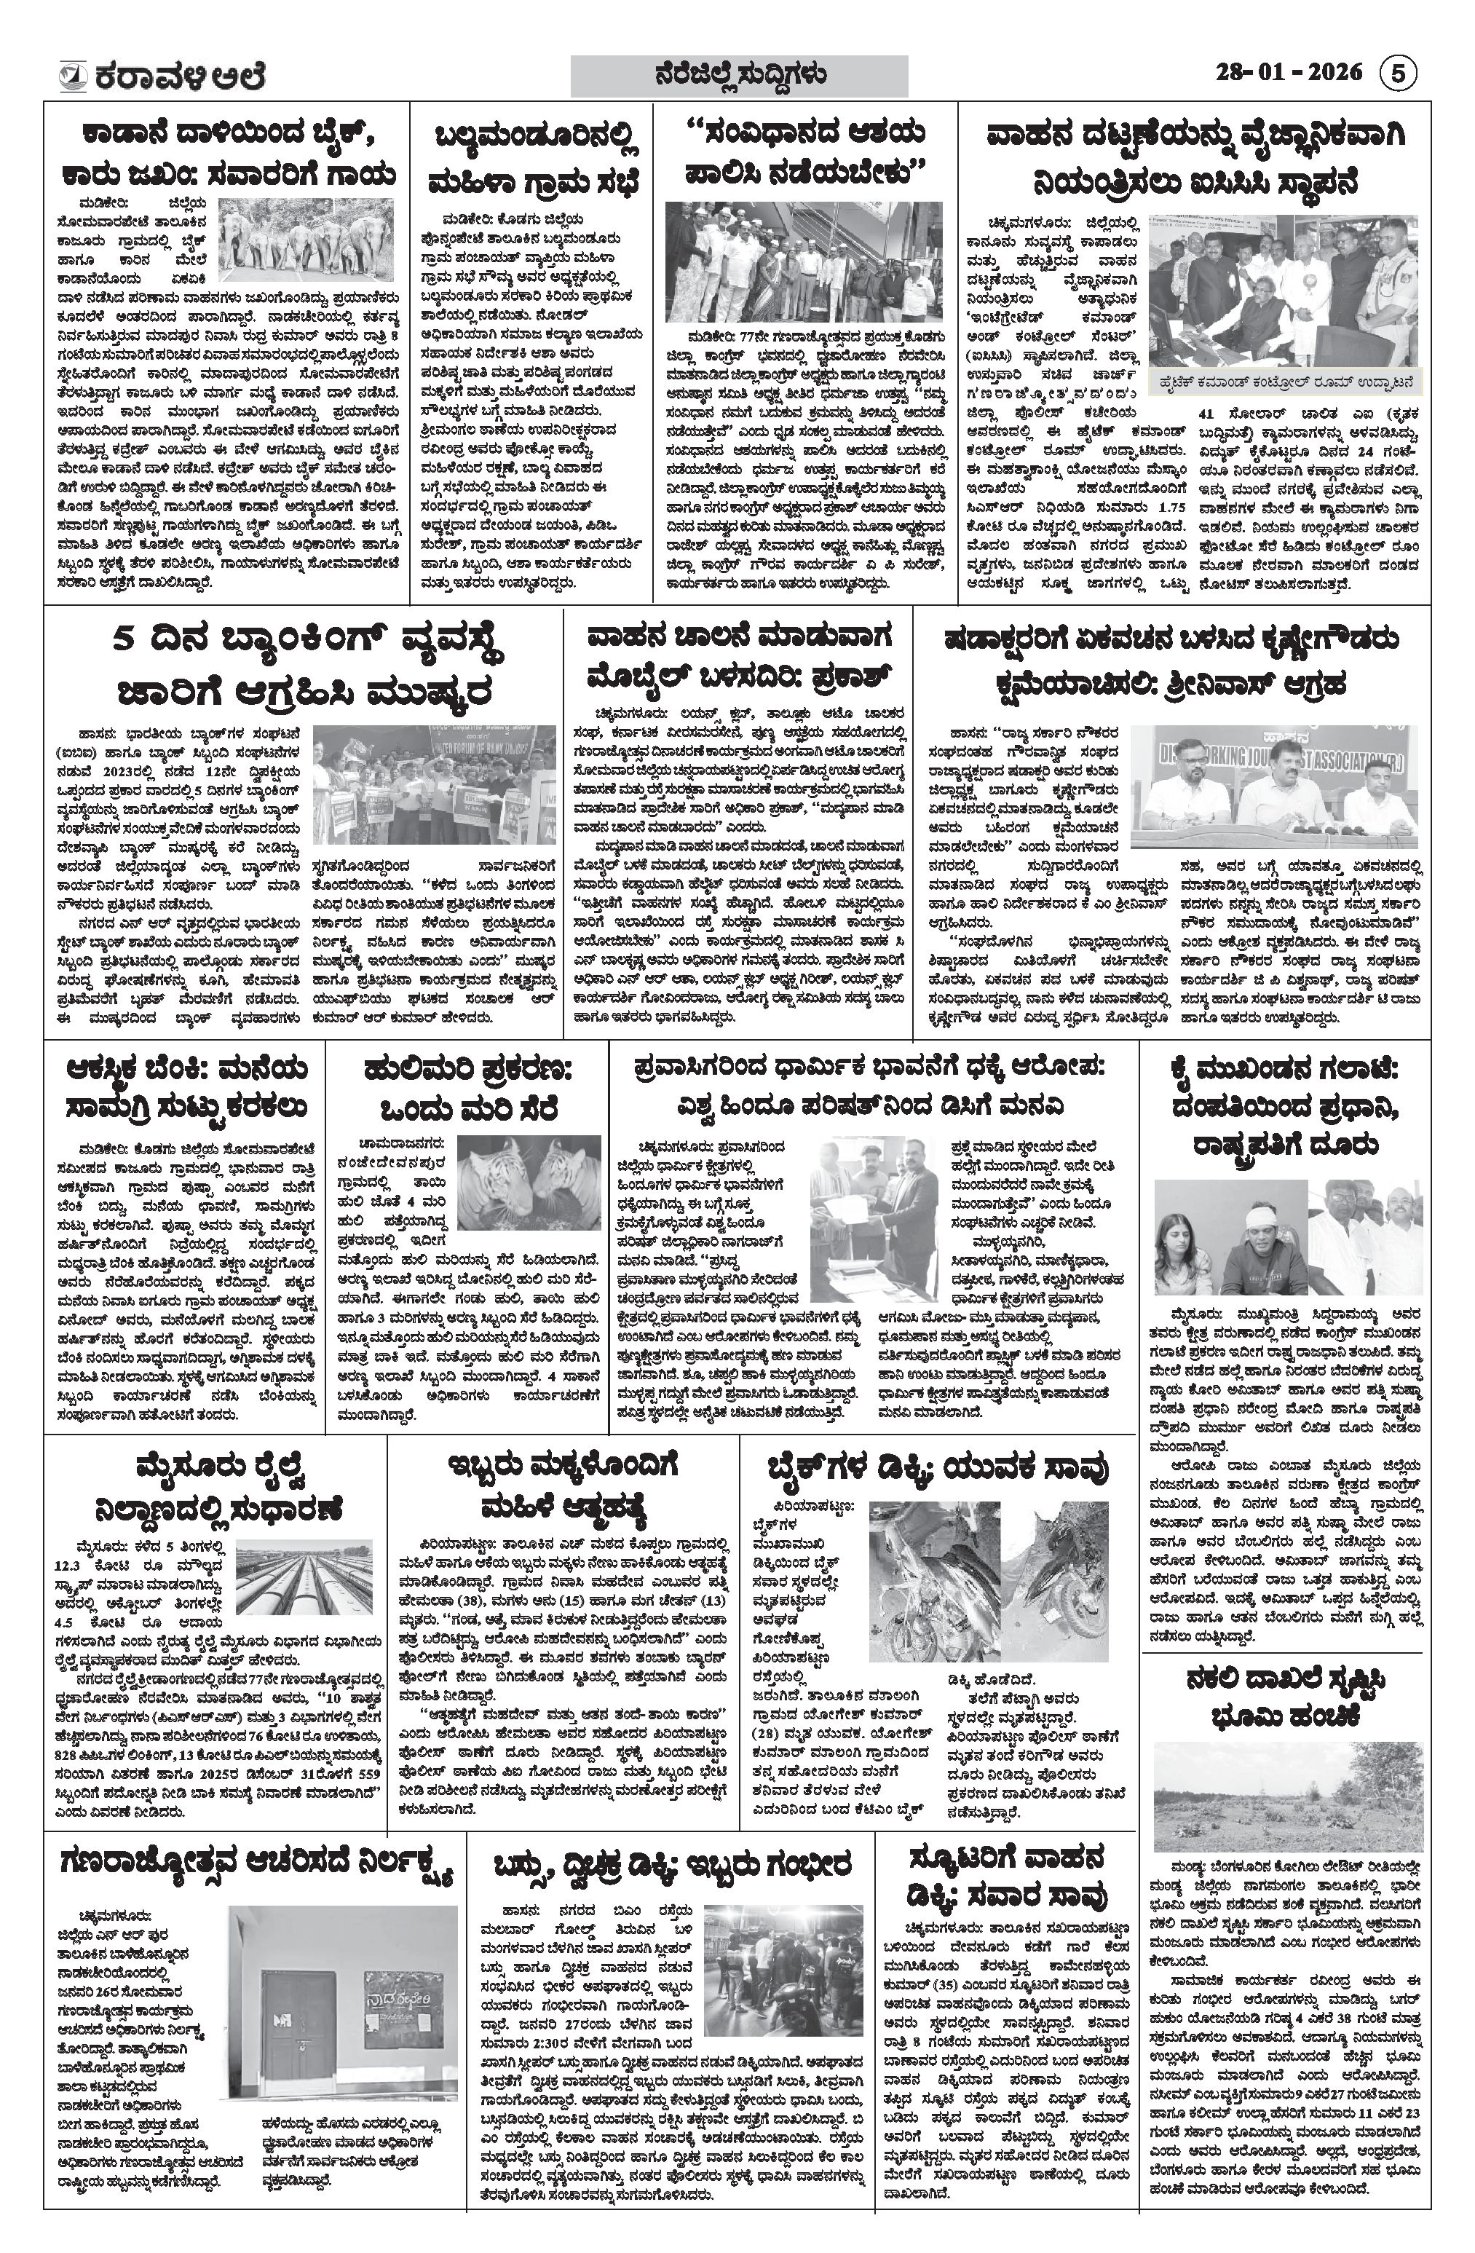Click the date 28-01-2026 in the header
(x=1289, y=73)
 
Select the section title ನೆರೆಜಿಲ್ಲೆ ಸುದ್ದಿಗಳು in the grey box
(x=740, y=75)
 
